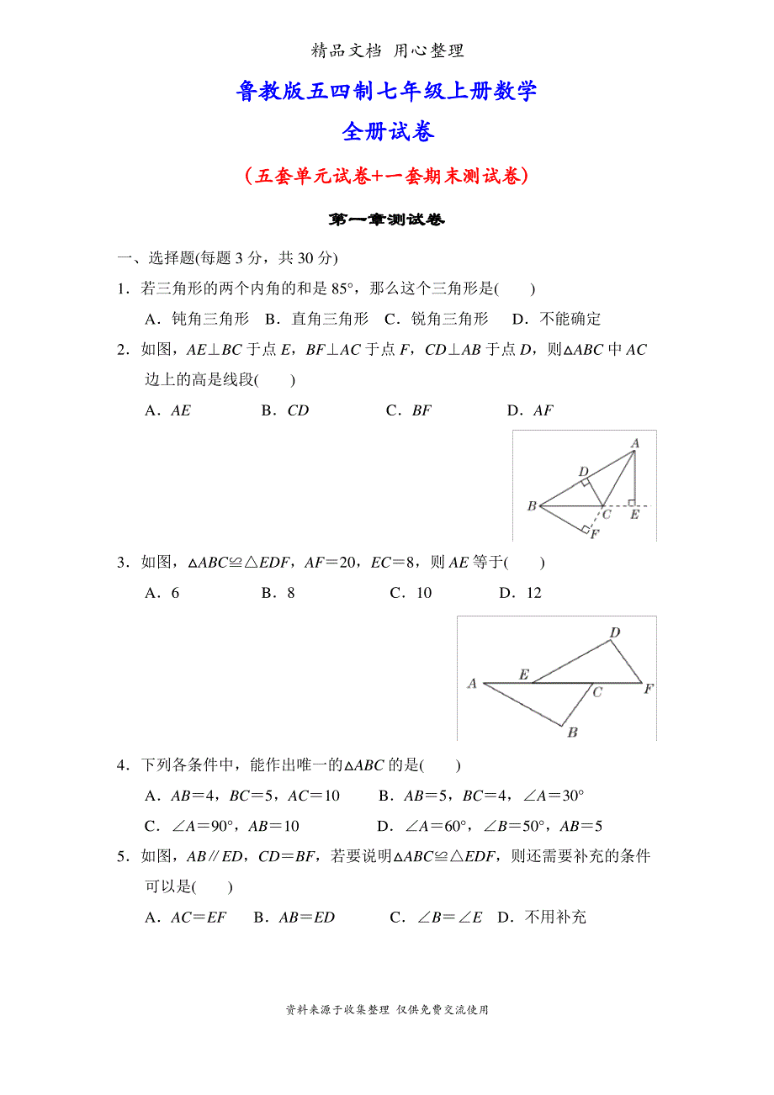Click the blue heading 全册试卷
point(387,132)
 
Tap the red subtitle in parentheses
point(387,176)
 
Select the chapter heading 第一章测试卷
point(387,220)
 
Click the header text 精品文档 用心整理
point(387,50)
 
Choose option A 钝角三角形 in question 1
point(198,319)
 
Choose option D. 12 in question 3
point(521,593)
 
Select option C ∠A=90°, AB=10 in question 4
point(222,826)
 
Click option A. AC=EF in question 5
point(186,917)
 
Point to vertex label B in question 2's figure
point(532,506)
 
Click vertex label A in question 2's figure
point(635,443)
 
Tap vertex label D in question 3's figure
point(615,632)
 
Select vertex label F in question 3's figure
point(649,689)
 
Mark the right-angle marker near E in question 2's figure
point(631,503)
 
